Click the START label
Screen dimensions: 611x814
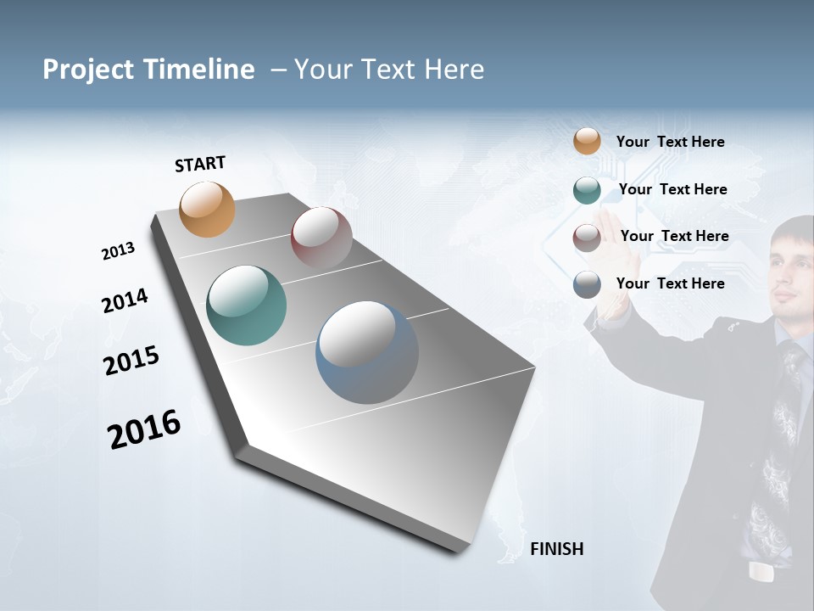[200, 164]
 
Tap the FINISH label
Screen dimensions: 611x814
[556, 549]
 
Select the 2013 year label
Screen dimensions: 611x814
[118, 251]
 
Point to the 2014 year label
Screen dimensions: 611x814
[125, 301]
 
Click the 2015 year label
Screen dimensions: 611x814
[131, 361]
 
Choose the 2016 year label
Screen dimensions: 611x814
[144, 429]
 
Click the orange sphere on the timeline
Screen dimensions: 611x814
[208, 209]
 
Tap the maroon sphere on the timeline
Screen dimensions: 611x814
[321, 238]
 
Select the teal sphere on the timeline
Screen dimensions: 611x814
[246, 305]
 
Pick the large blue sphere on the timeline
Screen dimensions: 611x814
[367, 352]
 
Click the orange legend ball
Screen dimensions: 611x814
[587, 142]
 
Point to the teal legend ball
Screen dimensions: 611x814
[587, 190]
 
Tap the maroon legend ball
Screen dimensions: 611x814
[587, 237]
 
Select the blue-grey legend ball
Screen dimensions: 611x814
[587, 284]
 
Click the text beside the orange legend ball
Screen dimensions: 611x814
[670, 142]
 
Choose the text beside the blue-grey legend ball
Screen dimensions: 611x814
[670, 283]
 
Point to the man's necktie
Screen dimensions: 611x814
[780, 441]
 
